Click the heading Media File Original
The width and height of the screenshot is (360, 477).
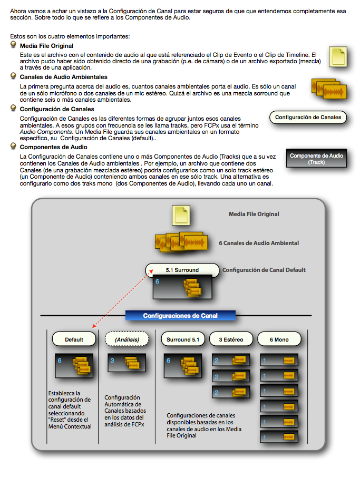click(x=46, y=46)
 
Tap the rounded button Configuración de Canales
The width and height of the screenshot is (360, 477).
click(x=308, y=118)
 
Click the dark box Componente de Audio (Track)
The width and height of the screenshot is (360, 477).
click(x=317, y=159)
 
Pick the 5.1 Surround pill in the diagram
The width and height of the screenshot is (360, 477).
click(x=182, y=270)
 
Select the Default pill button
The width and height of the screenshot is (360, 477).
click(x=74, y=339)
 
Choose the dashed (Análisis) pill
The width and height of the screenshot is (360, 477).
click(x=127, y=339)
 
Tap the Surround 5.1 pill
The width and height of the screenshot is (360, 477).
click(x=182, y=339)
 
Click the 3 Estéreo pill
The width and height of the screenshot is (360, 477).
click(x=230, y=339)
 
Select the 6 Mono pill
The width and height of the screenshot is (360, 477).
click(x=279, y=339)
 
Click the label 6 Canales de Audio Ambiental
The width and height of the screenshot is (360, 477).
click(x=259, y=243)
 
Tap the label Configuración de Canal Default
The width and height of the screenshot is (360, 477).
click(x=264, y=270)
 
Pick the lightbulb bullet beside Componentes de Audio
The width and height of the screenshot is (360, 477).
click(x=14, y=147)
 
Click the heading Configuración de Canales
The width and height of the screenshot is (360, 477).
click(x=57, y=109)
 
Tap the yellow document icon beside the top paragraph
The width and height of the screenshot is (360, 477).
click(x=338, y=56)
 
